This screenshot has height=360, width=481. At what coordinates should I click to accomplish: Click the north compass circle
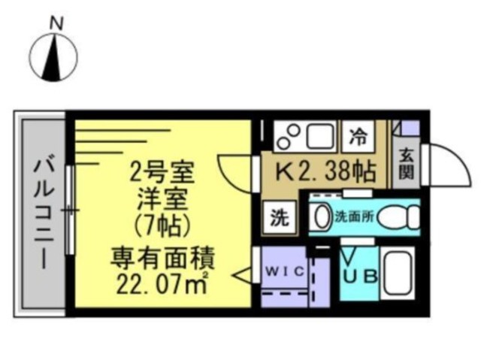coord(55,59)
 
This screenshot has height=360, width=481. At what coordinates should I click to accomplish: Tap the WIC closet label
coord(283,272)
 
